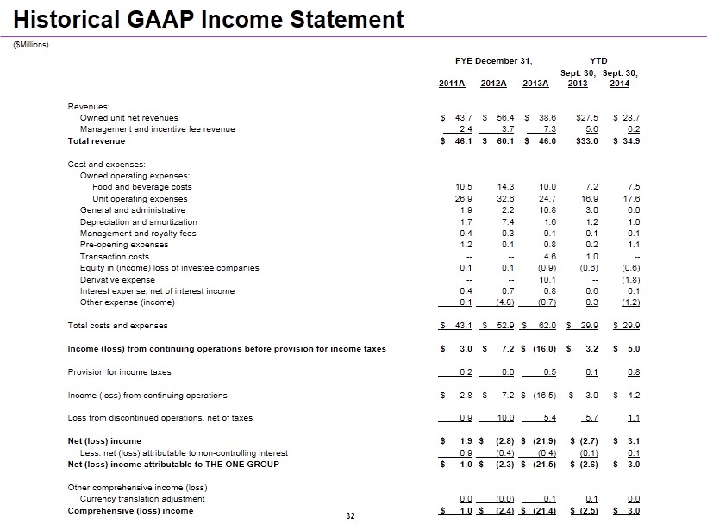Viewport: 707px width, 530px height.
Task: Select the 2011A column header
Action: [452, 84]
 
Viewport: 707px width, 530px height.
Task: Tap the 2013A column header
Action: [535, 84]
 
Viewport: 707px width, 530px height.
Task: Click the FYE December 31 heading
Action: [493, 61]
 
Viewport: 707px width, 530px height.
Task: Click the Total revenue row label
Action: [97, 141]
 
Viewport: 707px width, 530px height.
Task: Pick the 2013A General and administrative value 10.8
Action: [547, 210]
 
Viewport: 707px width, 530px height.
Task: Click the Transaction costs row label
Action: [115, 257]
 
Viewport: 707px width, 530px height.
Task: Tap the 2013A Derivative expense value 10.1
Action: [547, 280]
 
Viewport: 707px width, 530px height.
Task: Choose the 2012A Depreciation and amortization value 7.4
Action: [507, 222]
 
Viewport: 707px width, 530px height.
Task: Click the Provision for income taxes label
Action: [119, 372]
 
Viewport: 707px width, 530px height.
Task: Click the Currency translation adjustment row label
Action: [142, 499]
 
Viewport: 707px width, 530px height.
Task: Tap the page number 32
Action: [350, 516]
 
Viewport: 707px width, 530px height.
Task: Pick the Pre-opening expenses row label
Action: [124, 245]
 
